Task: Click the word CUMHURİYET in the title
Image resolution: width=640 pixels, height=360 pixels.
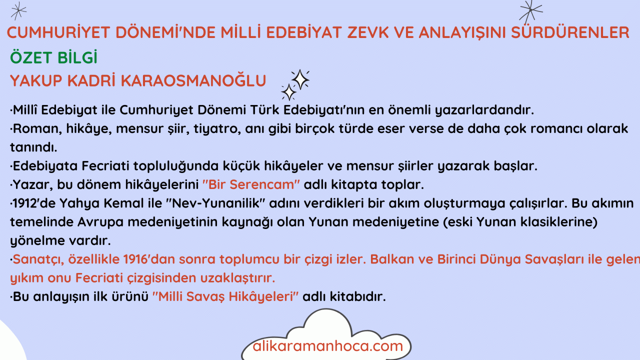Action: (x=58, y=32)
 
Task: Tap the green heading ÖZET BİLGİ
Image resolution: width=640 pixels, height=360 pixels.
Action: (x=53, y=57)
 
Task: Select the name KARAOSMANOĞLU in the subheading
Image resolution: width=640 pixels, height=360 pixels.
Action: (x=193, y=80)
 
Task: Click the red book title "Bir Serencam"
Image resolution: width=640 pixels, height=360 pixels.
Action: (x=251, y=184)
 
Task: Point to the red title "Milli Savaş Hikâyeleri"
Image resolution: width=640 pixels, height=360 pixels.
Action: (x=225, y=296)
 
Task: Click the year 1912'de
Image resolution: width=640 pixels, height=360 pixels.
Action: (x=33, y=203)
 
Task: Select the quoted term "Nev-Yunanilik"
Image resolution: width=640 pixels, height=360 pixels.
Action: (x=215, y=203)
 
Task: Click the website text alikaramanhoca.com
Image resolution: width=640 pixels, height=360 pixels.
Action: (x=327, y=346)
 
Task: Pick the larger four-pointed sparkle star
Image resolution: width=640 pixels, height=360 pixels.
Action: (x=300, y=79)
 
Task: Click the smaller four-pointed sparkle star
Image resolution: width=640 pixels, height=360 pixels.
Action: (x=289, y=92)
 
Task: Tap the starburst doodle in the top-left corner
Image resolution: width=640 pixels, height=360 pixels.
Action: (x=18, y=11)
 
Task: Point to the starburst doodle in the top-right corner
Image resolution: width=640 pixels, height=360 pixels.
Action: (x=530, y=11)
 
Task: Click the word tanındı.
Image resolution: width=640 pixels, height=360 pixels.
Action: (x=33, y=147)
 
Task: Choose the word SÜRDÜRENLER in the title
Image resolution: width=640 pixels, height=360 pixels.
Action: (x=570, y=32)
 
